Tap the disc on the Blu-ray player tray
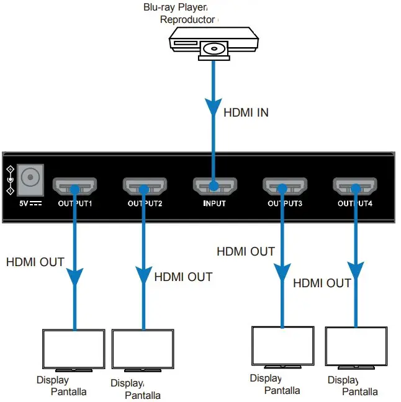tap(214, 48)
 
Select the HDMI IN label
tap(246, 113)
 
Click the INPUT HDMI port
tap(214, 185)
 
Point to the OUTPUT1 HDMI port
tap(74, 185)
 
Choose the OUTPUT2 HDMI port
tap(144, 185)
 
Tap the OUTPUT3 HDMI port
tap(284, 185)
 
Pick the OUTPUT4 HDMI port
tap(354, 185)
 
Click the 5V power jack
tap(29, 179)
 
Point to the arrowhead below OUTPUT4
tap(355, 270)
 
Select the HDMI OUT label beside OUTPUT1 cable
tap(35, 262)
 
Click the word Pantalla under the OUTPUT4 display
tap(360, 391)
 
